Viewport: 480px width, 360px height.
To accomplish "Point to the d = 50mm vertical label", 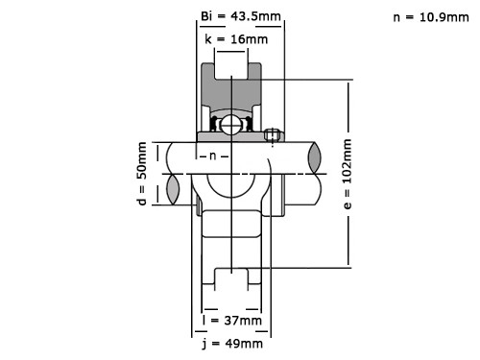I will (141, 173).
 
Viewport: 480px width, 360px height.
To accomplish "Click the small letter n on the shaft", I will (214, 156).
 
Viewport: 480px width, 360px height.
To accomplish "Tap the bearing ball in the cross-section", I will (231, 124).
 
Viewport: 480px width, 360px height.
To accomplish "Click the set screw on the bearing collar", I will (274, 135).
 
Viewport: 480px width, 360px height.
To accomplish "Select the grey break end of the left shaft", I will (174, 173).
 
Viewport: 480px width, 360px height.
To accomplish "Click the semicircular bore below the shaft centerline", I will (231, 187).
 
